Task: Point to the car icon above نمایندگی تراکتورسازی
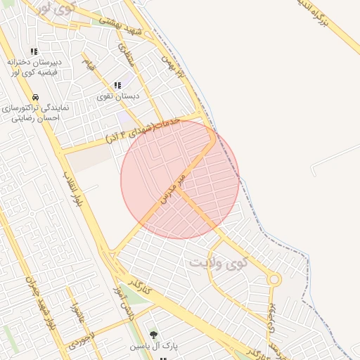pyautogui.click(x=35, y=97)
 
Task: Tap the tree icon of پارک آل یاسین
pyautogui.click(x=153, y=335)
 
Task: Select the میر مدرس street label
pyautogui.click(x=172, y=186)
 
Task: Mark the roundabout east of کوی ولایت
pyautogui.click(x=274, y=279)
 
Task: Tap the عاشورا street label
pyautogui.click(x=76, y=316)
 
